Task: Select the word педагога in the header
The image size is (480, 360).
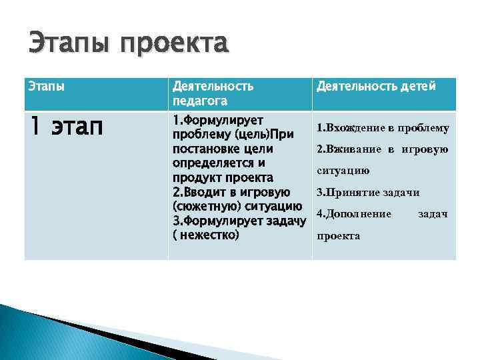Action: click(x=199, y=101)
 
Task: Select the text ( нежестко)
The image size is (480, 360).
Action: click(x=205, y=235)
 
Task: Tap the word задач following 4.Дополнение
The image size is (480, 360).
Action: click(x=433, y=214)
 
